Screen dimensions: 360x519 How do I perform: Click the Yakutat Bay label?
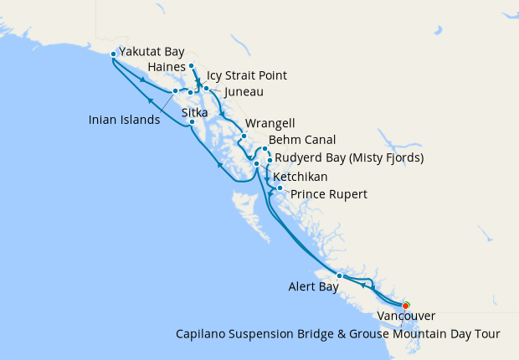pos(152,51)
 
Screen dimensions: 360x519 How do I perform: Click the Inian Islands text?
pos(124,120)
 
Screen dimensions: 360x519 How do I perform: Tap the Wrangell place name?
pos(270,122)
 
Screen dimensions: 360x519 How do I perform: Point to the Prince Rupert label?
pos(328,194)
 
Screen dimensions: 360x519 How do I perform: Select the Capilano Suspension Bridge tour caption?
pos(337,333)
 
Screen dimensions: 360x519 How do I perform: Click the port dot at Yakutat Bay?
pos(113,54)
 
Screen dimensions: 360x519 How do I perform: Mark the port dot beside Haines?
pos(192,65)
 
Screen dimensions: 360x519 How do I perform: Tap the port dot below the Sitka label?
pos(193,122)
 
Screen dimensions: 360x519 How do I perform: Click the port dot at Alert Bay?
pos(339,275)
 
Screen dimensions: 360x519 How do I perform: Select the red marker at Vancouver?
pos(406,305)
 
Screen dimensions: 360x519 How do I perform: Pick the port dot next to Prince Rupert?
pos(280,188)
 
